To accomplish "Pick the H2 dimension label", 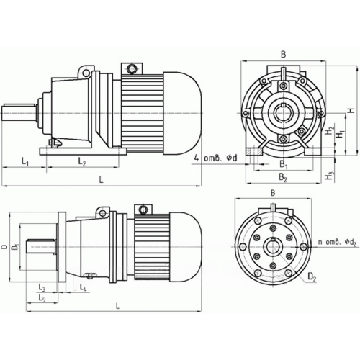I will [328, 132].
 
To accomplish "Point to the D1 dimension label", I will [17, 250].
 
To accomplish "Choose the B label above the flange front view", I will [274, 193].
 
